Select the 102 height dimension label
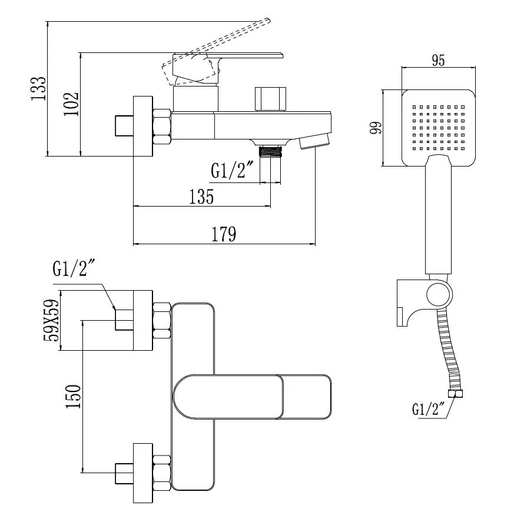(71, 104)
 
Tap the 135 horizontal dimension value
(201, 197)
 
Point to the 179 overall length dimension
(224, 234)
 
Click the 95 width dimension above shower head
(438, 60)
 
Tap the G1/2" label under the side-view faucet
(232, 170)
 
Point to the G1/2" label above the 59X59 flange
(74, 270)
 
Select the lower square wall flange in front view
(143, 473)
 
